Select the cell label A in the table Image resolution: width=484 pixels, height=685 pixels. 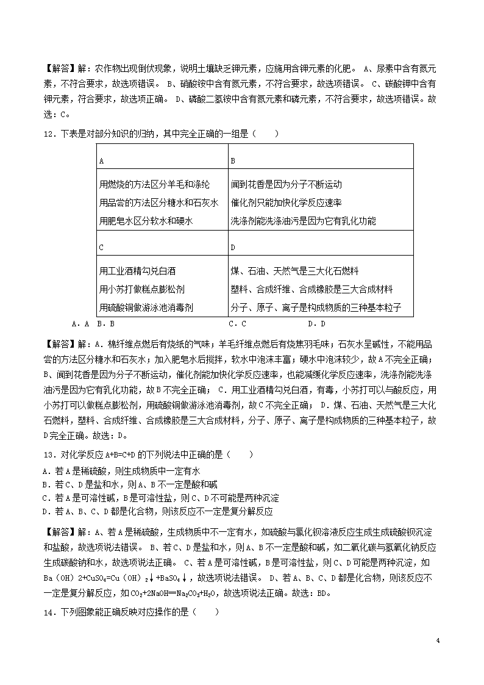coord(101,160)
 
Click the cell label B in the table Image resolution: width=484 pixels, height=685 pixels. coord(233,160)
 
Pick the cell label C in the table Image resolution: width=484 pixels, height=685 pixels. coord(101,248)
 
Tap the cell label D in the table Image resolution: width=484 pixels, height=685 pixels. coord(233,248)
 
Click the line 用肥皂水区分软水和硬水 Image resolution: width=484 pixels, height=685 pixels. coord(146,221)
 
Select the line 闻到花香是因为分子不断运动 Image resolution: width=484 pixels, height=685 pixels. coord(286,184)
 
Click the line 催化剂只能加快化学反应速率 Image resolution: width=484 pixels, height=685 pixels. coord(286,203)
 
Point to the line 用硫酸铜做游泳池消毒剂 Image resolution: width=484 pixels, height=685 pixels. coord(150,307)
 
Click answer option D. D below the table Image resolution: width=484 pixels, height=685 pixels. coord(316,324)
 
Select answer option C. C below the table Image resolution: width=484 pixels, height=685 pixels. coord(237,324)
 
